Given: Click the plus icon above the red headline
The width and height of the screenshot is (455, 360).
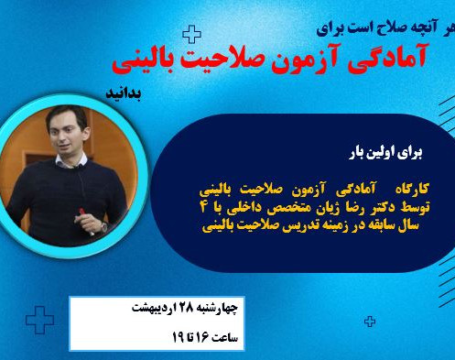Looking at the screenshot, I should pyautogui.click(x=191, y=35).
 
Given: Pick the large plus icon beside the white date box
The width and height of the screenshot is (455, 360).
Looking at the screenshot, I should pyautogui.click(x=38, y=322).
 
